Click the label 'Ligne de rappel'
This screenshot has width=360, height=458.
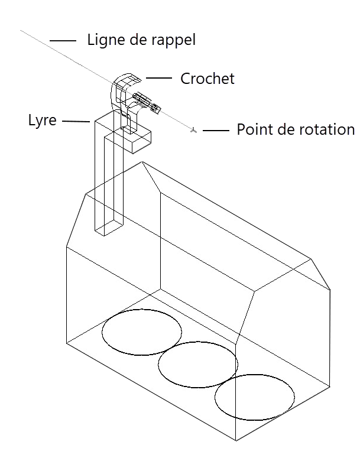[141, 40]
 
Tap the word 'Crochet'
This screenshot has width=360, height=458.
[207, 79]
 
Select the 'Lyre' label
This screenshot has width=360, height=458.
[43, 121]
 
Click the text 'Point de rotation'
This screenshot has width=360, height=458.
[295, 130]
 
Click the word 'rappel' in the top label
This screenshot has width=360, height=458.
[173, 41]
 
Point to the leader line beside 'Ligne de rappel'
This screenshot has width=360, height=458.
[63, 41]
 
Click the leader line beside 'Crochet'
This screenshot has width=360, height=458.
[158, 78]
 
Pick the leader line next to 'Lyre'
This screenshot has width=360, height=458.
[75, 122]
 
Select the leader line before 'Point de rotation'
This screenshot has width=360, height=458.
[216, 130]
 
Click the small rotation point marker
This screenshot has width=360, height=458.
[193, 129]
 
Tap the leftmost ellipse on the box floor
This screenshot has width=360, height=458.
[142, 332]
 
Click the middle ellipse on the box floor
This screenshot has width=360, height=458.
[198, 364]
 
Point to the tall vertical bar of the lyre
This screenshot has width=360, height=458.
[106, 177]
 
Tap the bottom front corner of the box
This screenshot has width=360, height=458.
[236, 441]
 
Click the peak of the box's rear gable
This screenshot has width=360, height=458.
[142, 161]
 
